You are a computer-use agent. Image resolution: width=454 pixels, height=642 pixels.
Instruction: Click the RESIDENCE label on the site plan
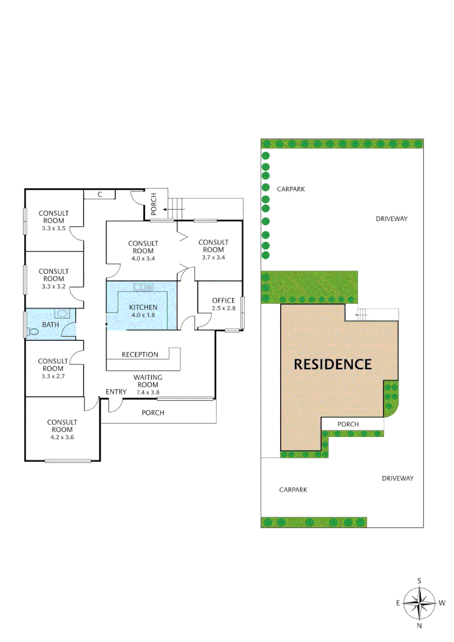333,364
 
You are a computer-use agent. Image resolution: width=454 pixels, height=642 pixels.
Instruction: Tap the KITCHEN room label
143,307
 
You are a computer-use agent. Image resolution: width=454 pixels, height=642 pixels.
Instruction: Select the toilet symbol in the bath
33,331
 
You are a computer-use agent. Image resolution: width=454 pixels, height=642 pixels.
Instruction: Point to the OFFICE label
224,301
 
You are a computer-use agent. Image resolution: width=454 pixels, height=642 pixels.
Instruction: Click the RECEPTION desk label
140,355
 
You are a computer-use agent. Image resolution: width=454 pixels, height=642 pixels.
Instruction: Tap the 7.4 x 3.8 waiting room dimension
148,392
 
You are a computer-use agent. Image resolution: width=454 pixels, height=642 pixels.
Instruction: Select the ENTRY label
116,392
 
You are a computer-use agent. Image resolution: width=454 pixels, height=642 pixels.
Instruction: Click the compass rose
419,603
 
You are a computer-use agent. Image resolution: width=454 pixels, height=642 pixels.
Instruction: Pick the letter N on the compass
419,625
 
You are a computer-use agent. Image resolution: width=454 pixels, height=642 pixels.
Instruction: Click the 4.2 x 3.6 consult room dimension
62,437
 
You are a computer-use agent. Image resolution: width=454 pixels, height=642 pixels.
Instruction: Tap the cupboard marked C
100,194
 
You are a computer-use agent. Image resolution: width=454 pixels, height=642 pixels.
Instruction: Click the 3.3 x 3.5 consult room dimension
54,228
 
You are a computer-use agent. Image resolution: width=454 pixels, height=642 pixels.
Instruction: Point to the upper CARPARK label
291,188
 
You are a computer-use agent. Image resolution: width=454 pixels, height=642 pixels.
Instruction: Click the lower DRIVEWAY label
397,478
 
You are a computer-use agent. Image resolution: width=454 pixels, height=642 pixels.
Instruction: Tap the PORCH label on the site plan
348,424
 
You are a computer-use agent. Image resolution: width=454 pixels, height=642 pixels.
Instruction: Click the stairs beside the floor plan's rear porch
176,209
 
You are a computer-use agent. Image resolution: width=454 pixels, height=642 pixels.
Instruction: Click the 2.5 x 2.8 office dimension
224,309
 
